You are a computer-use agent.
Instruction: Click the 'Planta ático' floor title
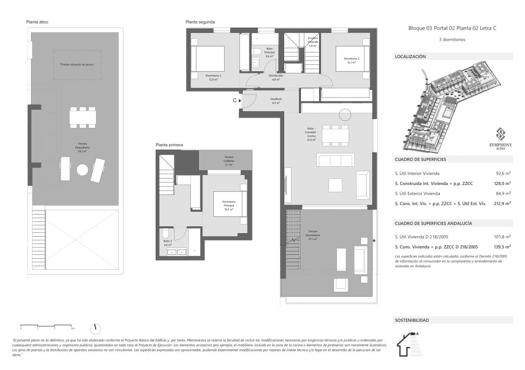37,22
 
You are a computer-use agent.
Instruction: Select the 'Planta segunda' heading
200,22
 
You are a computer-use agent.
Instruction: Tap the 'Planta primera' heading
169,145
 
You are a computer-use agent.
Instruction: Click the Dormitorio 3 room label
213,77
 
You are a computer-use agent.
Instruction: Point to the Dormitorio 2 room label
351,61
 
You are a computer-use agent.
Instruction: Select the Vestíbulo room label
276,101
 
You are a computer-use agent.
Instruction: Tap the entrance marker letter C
235,100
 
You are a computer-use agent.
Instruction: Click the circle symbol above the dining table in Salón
345,115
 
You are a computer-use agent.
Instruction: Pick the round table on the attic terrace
82,170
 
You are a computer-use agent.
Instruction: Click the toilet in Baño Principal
256,53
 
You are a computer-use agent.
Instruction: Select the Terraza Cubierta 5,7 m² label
229,160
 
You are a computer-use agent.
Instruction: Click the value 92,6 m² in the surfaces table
503,174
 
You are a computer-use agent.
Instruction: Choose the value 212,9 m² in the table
502,203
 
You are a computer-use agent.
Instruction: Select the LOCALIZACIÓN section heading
410,57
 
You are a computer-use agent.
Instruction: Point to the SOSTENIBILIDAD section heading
412,320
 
